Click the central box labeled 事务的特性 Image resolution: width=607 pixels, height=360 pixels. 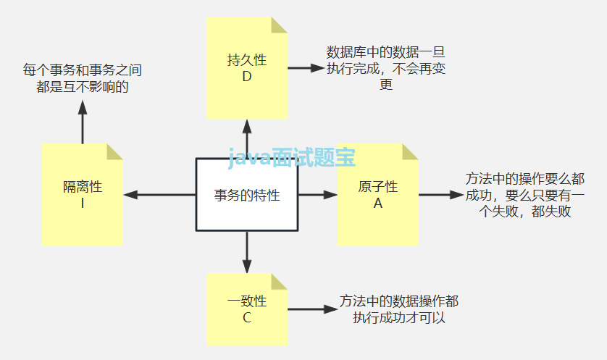[x=247, y=195]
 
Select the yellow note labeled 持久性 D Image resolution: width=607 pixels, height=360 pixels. [x=247, y=68]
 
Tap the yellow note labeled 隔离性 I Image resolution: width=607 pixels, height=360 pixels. [x=83, y=195]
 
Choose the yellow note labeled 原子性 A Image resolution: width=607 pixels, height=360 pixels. [x=377, y=195]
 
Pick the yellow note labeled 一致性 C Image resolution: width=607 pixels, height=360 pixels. [x=247, y=309]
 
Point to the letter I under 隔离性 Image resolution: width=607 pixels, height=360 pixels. [x=83, y=204]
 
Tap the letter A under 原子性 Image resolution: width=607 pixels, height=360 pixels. [x=377, y=204]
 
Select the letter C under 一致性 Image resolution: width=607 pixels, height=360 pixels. [x=247, y=319]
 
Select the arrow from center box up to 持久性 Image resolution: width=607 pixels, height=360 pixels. [x=247, y=138]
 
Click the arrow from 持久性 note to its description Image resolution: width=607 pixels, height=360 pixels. [x=304, y=69]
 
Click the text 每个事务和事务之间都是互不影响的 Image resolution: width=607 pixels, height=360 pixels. [x=82, y=78]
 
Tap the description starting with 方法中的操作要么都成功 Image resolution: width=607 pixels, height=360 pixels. [x=525, y=195]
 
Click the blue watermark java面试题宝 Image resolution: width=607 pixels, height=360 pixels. [x=292, y=158]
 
